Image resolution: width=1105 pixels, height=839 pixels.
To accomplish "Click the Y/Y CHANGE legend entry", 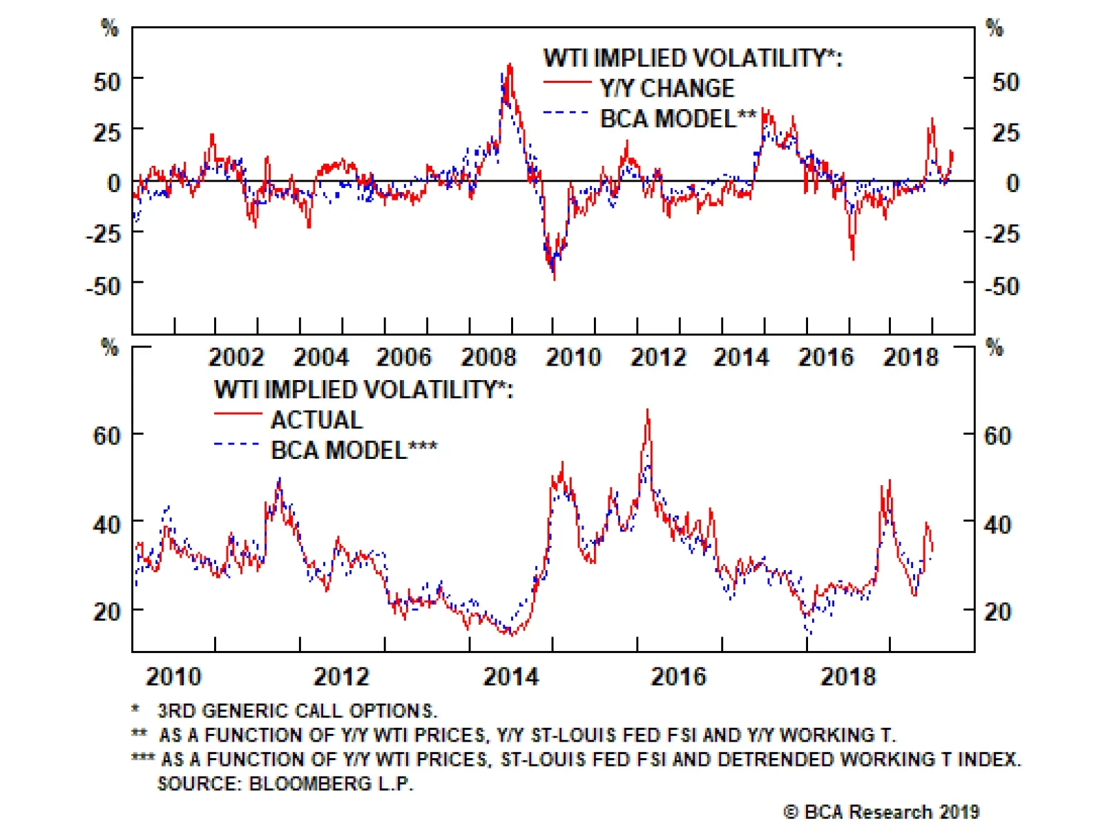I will click(x=666, y=88).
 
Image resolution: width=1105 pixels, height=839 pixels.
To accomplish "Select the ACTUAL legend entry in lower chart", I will click(x=316, y=419).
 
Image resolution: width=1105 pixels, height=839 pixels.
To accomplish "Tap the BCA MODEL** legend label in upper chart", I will click(x=678, y=119).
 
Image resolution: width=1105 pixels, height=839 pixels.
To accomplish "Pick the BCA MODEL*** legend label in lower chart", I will click(x=353, y=450).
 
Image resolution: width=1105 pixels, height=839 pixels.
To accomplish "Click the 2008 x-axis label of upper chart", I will click(x=488, y=357).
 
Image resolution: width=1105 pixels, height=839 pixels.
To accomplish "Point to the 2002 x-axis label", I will click(x=236, y=357).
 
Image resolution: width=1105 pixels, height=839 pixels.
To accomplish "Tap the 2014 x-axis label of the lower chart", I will click(x=510, y=677).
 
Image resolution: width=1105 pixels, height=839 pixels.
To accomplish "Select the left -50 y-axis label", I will click(x=103, y=285).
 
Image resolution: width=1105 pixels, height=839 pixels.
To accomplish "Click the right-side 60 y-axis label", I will click(x=997, y=435).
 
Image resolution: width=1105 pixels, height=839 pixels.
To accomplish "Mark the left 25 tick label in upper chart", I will click(x=107, y=132).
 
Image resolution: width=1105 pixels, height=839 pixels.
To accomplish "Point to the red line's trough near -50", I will click(x=555, y=278).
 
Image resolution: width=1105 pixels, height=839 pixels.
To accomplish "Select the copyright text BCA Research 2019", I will click(x=882, y=812).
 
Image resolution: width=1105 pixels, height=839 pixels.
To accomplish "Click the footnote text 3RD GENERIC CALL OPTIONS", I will click(x=297, y=711).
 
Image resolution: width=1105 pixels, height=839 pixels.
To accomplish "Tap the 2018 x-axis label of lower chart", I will click(x=847, y=677).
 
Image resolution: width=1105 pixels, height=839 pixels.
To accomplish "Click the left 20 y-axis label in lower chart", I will click(x=107, y=611).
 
